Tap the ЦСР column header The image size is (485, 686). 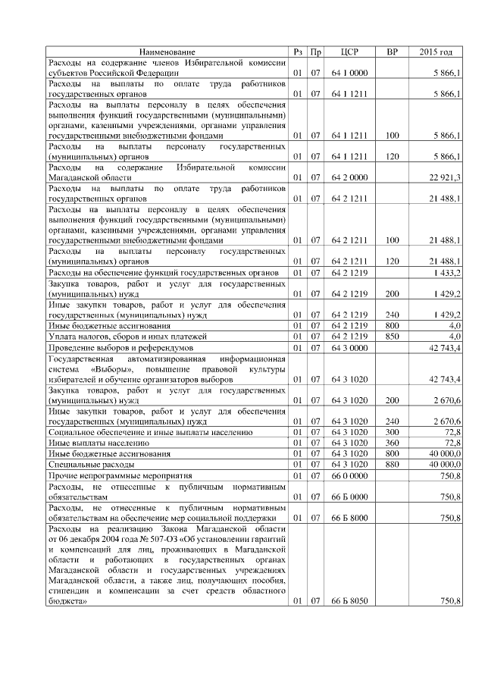pyautogui.click(x=349, y=52)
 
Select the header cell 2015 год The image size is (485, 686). pyautogui.click(x=436, y=52)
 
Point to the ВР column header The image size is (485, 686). pyautogui.click(x=392, y=52)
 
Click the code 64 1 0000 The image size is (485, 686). pyautogui.click(x=349, y=73)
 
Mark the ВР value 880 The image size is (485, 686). pyautogui.click(x=392, y=463)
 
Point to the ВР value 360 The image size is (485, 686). pyautogui.click(x=392, y=442)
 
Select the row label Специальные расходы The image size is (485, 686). pyautogui.click(x=92, y=463)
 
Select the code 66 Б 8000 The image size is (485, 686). pyautogui.click(x=349, y=518)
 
